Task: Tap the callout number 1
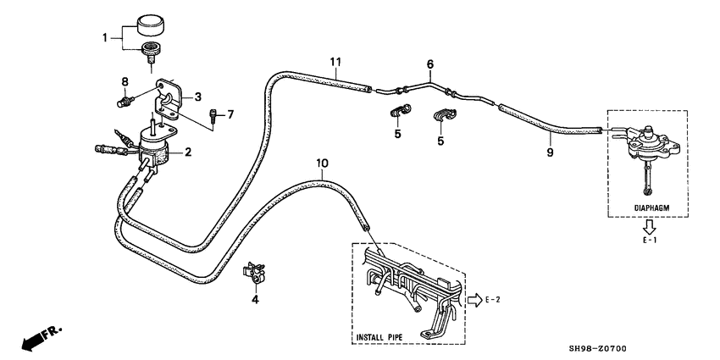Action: coord(105,37)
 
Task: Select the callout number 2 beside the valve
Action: coord(187,152)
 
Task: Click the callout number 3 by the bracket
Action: coord(197,97)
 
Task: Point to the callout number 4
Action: coord(255,300)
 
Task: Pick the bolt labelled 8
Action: coord(125,101)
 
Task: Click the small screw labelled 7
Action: coord(213,114)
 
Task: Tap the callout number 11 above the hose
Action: coord(335,61)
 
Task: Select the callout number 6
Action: coord(429,64)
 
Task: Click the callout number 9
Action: coord(550,152)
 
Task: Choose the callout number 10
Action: coord(323,163)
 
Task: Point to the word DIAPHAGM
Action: coord(651,208)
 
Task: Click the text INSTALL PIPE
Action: coord(379,337)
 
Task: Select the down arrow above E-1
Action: coord(650,226)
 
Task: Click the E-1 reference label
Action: coord(650,241)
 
